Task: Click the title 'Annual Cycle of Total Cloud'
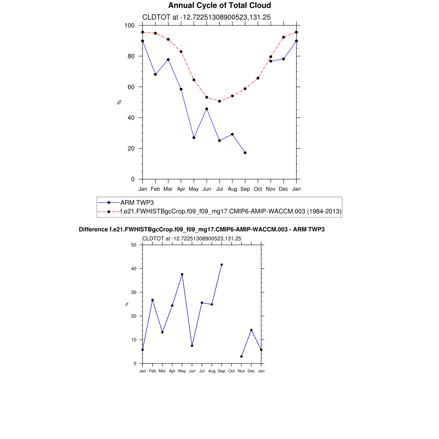pyautogui.click(x=219, y=6)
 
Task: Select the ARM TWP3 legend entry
pyautogui.click(x=134, y=202)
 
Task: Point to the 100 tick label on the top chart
pyautogui.click(x=129, y=26)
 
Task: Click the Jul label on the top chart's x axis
pyautogui.click(x=219, y=189)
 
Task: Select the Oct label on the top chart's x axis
pyautogui.click(x=258, y=189)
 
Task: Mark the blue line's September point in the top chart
pyautogui.click(x=245, y=153)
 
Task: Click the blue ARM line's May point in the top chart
pyautogui.click(x=194, y=138)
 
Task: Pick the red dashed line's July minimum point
pyautogui.click(x=219, y=101)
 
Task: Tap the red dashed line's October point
pyautogui.click(x=258, y=78)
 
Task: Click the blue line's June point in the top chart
pyautogui.click(x=207, y=109)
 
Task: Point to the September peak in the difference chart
pyautogui.click(x=222, y=265)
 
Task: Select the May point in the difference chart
pyautogui.click(x=182, y=274)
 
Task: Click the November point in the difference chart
pyautogui.click(x=241, y=356)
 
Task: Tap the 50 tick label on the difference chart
pyautogui.click(x=134, y=245)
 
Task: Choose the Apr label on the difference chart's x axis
pyautogui.click(x=172, y=371)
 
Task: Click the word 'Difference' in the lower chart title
pyautogui.click(x=90, y=230)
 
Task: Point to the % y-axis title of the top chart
pyautogui.click(x=119, y=102)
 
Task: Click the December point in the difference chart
pyautogui.click(x=251, y=330)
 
